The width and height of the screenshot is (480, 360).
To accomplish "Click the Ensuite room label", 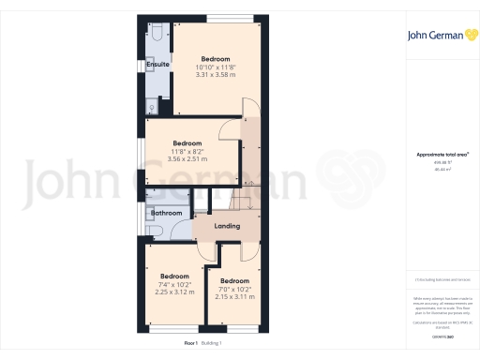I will pyautogui.click(x=158, y=65).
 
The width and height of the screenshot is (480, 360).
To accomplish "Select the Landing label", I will pyautogui.click(x=227, y=226).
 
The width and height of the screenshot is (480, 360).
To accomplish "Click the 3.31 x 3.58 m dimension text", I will pyautogui.click(x=215, y=75).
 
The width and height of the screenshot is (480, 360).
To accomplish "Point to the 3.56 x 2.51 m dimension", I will pyautogui.click(x=187, y=158).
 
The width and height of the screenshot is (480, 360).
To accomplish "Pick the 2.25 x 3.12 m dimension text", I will pyautogui.click(x=174, y=292).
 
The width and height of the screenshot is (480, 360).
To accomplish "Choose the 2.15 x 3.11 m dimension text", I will pyautogui.click(x=234, y=296).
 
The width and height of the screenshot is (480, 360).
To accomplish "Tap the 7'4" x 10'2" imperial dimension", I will pyautogui.click(x=174, y=284).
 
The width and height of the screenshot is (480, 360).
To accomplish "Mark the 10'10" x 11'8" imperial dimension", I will pyautogui.click(x=215, y=67).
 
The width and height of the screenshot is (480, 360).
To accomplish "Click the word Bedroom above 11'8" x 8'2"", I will pyautogui.click(x=187, y=143).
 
